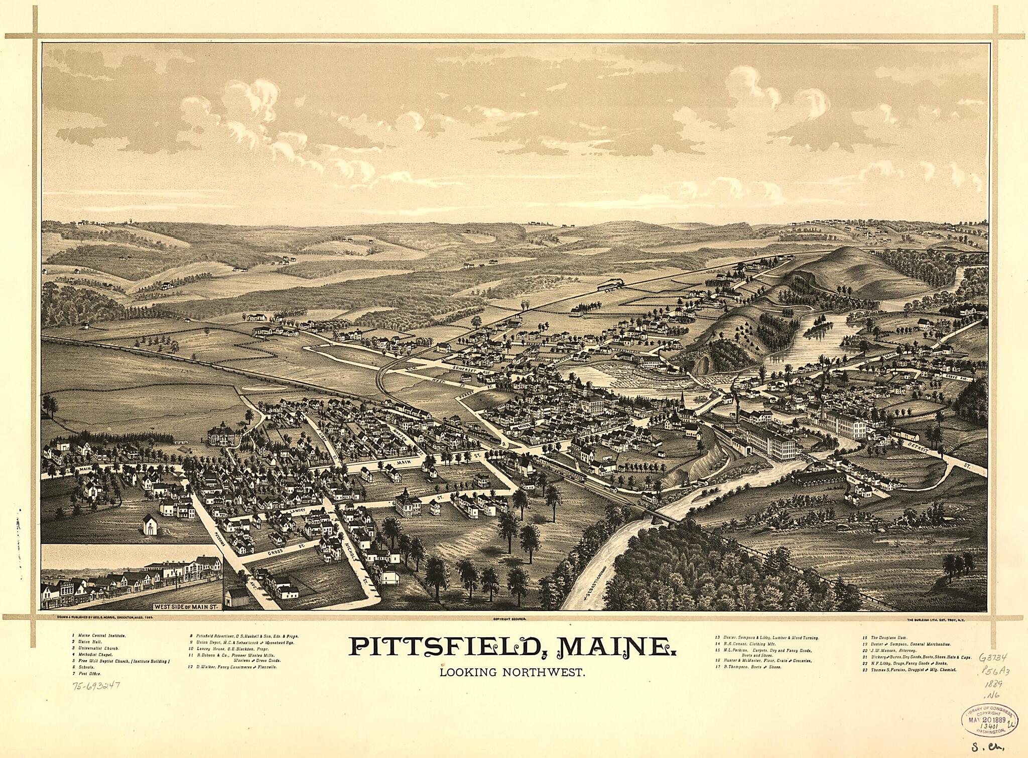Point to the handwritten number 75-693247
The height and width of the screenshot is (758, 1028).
click(x=96, y=685)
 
